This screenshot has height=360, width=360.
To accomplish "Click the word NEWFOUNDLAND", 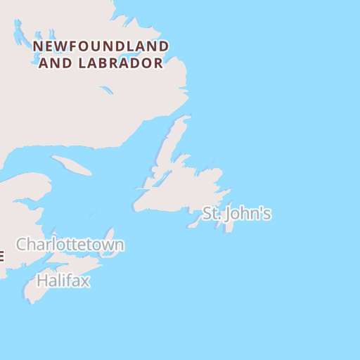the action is coord(101,47).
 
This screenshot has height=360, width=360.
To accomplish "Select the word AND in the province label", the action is coord(53,63).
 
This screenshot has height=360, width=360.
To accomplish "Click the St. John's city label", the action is coord(237,214).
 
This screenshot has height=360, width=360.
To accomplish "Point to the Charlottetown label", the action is coord(70,245).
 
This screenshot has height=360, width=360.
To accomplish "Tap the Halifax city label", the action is coord(63,281).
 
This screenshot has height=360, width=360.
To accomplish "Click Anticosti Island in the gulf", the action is coord(71,166).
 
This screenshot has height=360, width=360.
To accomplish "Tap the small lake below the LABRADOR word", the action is coord(106,90).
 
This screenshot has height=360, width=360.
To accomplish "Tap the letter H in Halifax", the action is coord(41,281).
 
